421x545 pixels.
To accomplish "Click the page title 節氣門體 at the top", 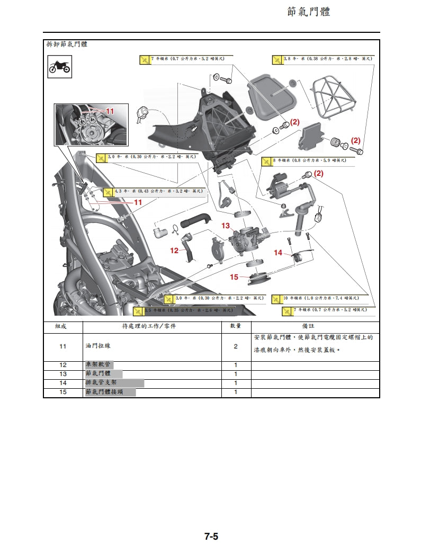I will [309, 12].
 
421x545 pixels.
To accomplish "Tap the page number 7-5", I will [211, 536].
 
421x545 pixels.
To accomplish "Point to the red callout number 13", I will [226, 226].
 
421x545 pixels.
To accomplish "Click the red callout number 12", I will [174, 251].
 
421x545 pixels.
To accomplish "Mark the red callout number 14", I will [278, 253].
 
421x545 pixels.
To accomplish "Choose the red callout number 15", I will [234, 276].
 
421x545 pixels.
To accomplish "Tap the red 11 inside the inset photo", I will [110, 112].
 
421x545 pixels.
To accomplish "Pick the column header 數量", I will [235, 326].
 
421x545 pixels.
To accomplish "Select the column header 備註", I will [315, 326].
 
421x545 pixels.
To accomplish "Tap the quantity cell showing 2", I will [235, 346].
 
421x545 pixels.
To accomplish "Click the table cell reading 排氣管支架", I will [101, 383].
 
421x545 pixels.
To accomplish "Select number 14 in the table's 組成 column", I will [62, 383].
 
